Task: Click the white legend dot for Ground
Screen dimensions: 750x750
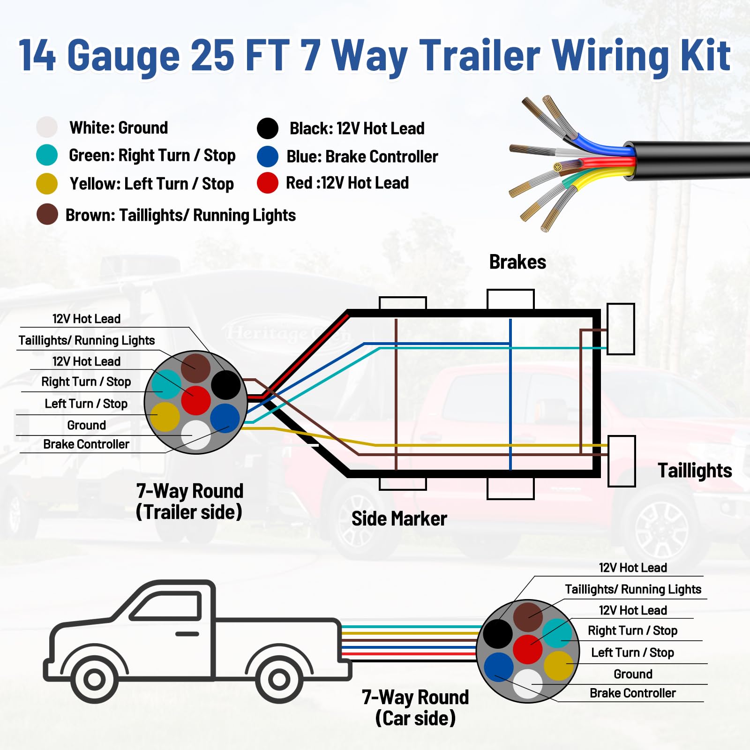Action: click(x=47, y=127)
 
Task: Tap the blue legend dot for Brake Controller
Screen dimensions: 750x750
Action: click(x=268, y=156)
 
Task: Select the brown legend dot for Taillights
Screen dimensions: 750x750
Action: click(x=47, y=214)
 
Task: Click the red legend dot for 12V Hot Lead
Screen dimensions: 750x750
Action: click(x=268, y=183)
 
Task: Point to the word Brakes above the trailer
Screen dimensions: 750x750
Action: click(x=517, y=262)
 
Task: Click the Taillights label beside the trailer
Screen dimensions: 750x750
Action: click(x=695, y=471)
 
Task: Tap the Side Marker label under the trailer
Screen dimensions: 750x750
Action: click(x=399, y=519)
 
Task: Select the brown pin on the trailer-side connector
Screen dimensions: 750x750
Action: click(x=196, y=368)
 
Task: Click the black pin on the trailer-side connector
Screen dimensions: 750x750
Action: click(x=226, y=384)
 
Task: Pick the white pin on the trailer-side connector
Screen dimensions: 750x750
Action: click(x=196, y=435)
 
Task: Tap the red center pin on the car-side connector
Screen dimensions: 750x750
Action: click(x=528, y=649)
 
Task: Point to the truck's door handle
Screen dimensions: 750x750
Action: click(x=187, y=634)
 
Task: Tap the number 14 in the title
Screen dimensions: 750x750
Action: click(x=37, y=55)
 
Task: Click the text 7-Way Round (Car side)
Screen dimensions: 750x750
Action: click(x=415, y=707)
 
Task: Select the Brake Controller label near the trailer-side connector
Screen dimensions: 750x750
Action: click(x=86, y=444)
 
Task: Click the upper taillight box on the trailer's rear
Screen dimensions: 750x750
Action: click(x=621, y=329)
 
